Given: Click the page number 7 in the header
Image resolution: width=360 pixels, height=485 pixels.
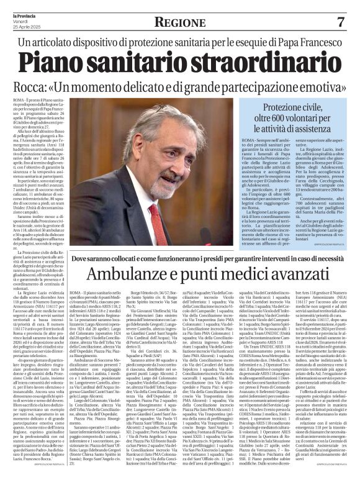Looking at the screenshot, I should (x=341, y=22).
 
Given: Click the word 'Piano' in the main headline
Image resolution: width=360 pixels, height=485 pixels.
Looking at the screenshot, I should (x=60, y=63).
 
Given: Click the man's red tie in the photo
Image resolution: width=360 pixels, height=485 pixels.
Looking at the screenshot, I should (x=153, y=214).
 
